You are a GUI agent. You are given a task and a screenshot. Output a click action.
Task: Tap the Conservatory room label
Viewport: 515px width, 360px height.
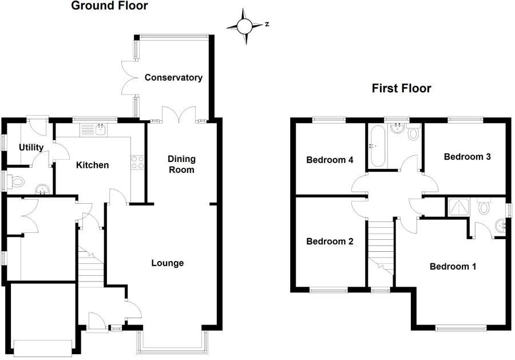173,77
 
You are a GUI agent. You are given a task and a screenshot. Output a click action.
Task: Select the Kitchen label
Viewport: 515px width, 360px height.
93,165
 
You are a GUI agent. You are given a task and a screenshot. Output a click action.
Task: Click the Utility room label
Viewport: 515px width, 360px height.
31,147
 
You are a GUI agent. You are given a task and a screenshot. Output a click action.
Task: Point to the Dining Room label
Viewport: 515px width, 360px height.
181,164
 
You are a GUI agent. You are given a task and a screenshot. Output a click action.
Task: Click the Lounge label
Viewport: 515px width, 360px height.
168,263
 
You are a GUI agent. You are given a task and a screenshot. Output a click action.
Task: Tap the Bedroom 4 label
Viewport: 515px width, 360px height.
329,160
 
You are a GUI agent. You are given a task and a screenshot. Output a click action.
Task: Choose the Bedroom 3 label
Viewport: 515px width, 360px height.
468,156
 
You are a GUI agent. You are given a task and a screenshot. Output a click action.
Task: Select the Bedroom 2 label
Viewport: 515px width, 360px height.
329,241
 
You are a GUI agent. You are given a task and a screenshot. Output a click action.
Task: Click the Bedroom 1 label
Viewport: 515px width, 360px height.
453,266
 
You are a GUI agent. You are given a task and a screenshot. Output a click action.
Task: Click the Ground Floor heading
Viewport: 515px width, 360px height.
109,6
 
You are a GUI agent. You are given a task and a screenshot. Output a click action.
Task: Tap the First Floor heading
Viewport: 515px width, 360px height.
401,88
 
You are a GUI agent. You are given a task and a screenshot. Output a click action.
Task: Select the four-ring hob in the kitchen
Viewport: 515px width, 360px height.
138,162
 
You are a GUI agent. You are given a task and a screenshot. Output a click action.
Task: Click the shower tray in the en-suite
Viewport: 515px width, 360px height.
457,207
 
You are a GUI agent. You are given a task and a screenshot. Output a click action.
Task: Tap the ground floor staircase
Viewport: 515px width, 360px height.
90,266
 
